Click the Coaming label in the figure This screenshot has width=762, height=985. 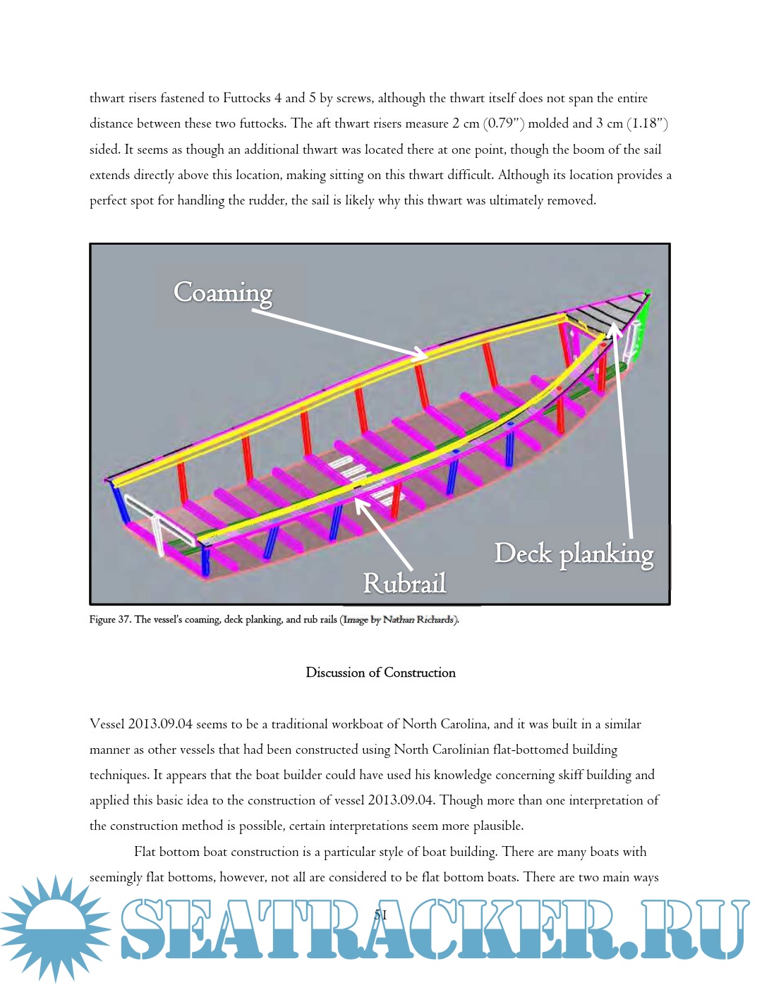point(223,293)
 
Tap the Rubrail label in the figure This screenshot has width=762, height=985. point(404,583)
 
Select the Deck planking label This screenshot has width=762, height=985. point(574,554)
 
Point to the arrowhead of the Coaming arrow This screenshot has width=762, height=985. point(422,355)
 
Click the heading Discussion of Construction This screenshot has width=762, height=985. point(380,673)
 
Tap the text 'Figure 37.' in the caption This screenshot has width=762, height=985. point(110,620)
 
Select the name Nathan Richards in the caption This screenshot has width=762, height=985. point(418,620)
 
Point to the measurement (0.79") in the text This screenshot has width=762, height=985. point(504,123)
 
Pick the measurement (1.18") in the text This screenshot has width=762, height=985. point(647,123)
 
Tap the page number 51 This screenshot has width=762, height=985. point(380,915)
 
